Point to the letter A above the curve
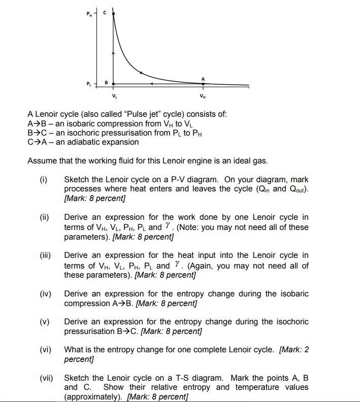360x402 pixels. [x=203, y=78]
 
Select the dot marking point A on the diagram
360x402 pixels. [x=203, y=84]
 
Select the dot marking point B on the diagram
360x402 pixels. [x=113, y=84]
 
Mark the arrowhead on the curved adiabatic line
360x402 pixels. [x=141, y=72]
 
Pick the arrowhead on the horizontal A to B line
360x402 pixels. [x=151, y=84]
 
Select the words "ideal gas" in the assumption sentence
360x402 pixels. [x=250, y=161]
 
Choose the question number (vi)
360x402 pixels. [x=46, y=350]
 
